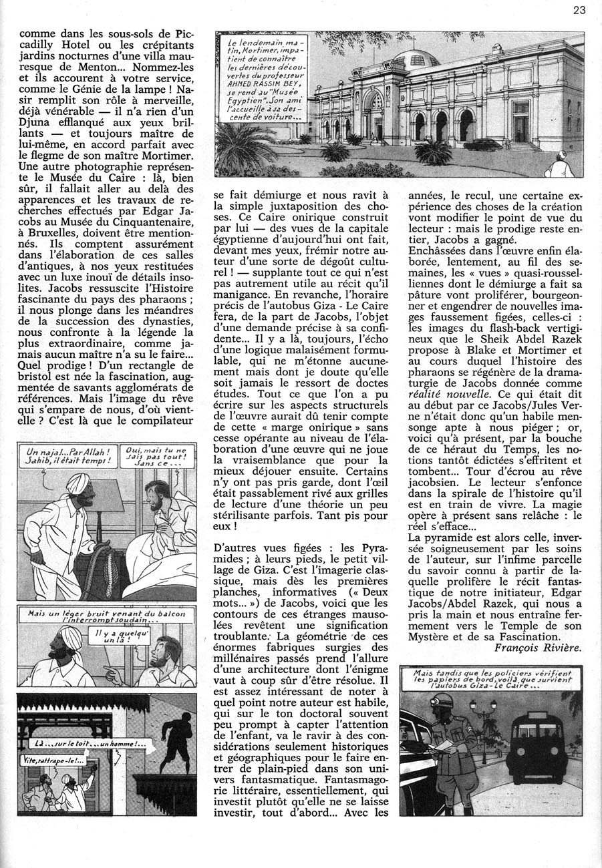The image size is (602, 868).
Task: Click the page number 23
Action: [579, 10]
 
